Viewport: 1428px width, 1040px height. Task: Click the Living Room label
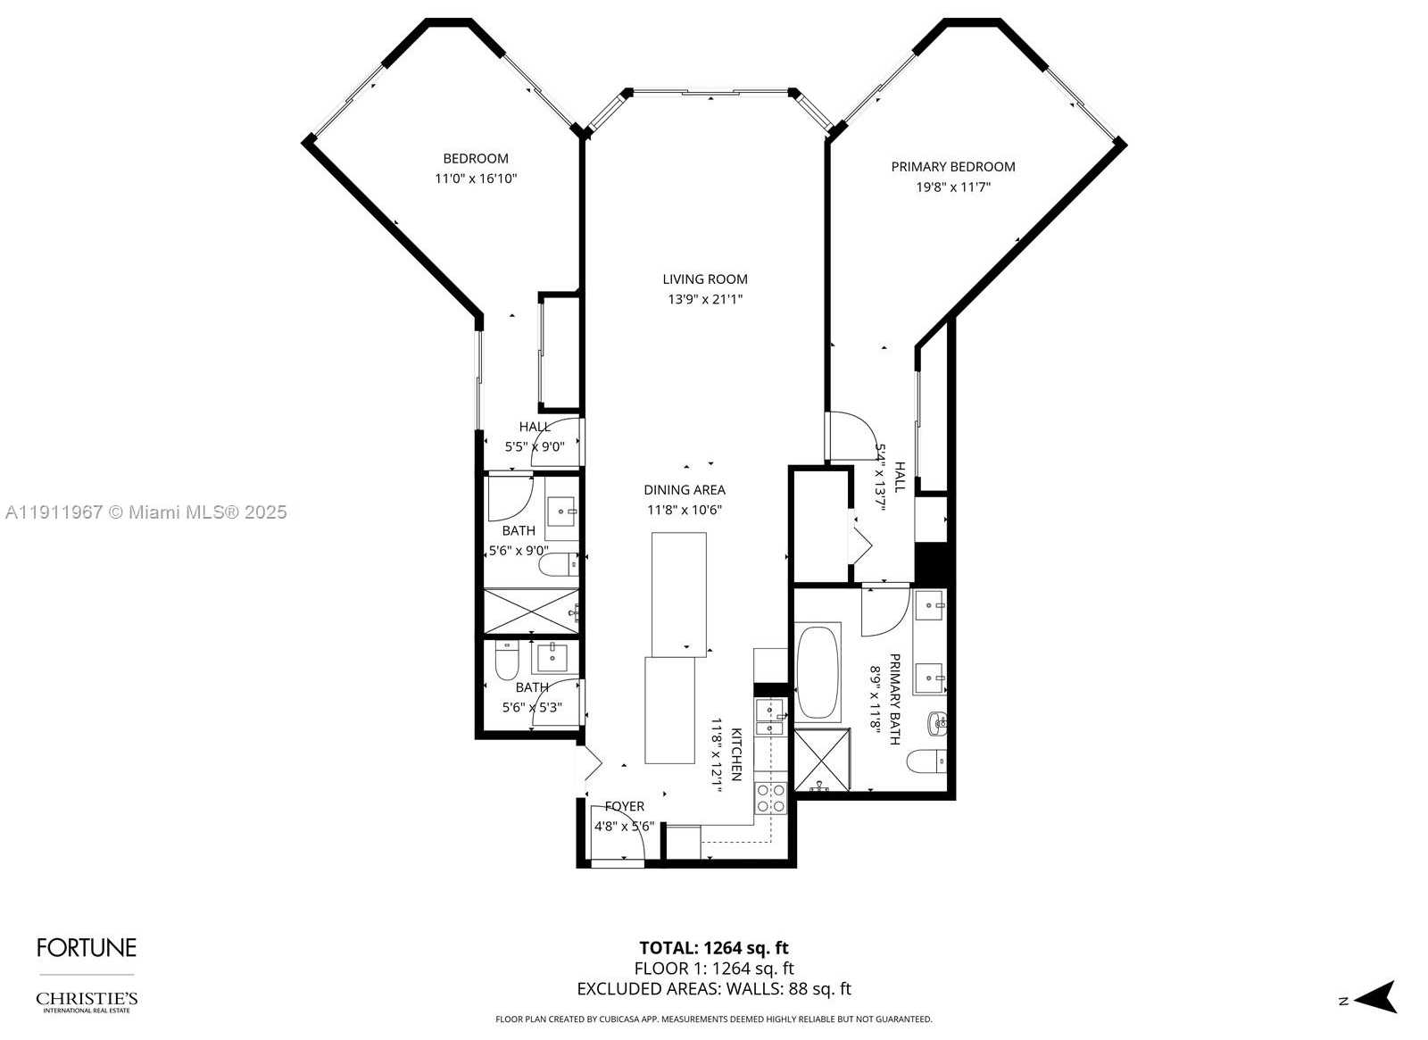pos(704,279)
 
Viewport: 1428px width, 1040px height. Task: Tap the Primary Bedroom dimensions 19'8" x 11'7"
pos(952,187)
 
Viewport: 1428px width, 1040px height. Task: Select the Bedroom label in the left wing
pos(476,159)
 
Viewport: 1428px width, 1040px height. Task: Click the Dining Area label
pos(685,490)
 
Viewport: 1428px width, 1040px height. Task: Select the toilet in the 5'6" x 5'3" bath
pos(507,661)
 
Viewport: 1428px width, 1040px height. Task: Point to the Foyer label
pos(624,807)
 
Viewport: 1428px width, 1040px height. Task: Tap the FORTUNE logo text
pos(87,947)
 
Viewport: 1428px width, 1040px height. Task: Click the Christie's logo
pos(87,1001)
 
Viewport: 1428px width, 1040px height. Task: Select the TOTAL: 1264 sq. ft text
pos(713,948)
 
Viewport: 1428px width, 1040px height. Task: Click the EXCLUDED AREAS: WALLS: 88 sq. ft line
pos(713,989)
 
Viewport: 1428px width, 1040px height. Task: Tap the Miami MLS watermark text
pos(145,512)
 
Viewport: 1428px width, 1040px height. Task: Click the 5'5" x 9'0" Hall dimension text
pos(535,447)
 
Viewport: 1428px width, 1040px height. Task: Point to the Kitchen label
pos(737,754)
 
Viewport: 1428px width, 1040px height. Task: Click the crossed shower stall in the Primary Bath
pos(821,761)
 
